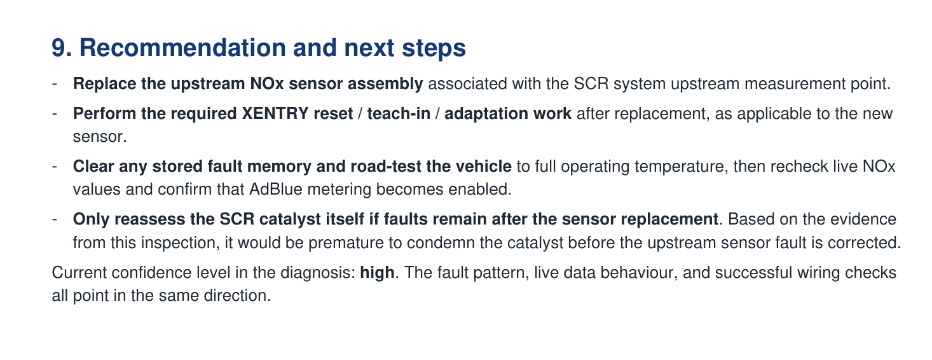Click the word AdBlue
(273, 189)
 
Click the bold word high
(377, 273)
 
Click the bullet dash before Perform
(55, 114)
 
